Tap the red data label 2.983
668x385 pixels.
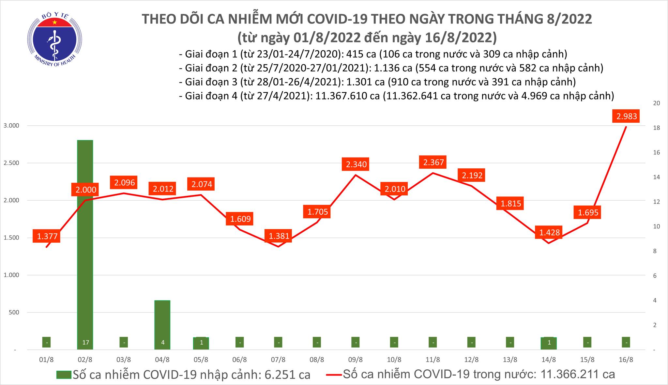coord(627,116)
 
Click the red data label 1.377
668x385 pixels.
coord(47,236)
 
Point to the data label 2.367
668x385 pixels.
coord(433,162)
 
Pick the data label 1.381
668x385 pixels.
coord(279,236)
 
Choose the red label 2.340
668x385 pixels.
coord(356,164)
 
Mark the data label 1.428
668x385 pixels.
coord(549,232)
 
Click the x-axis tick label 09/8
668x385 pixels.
coord(356,360)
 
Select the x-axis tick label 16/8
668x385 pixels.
coord(626,360)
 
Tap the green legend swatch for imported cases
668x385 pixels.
coord(64,375)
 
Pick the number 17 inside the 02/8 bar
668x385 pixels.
coord(85,343)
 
